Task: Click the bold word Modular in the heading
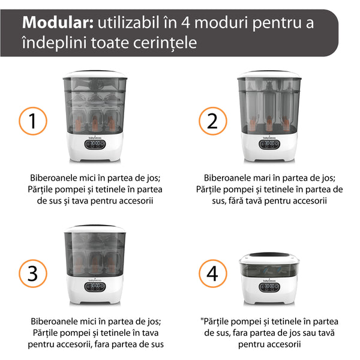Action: (58, 23)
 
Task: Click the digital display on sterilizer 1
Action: (95, 145)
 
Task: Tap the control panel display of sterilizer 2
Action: (269, 145)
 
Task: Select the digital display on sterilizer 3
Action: (95, 287)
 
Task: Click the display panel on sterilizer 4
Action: (269, 287)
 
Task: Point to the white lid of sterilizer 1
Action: (95, 74)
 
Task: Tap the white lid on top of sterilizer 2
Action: (269, 74)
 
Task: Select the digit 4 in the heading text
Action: (185, 23)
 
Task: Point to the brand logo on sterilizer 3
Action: (95, 280)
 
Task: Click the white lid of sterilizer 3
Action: (95, 229)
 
